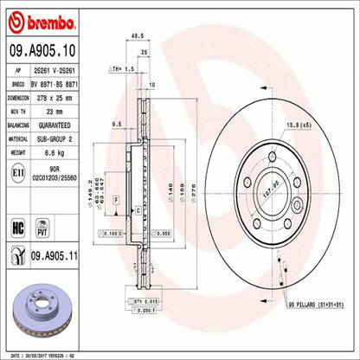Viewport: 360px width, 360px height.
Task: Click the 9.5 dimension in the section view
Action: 118,125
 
